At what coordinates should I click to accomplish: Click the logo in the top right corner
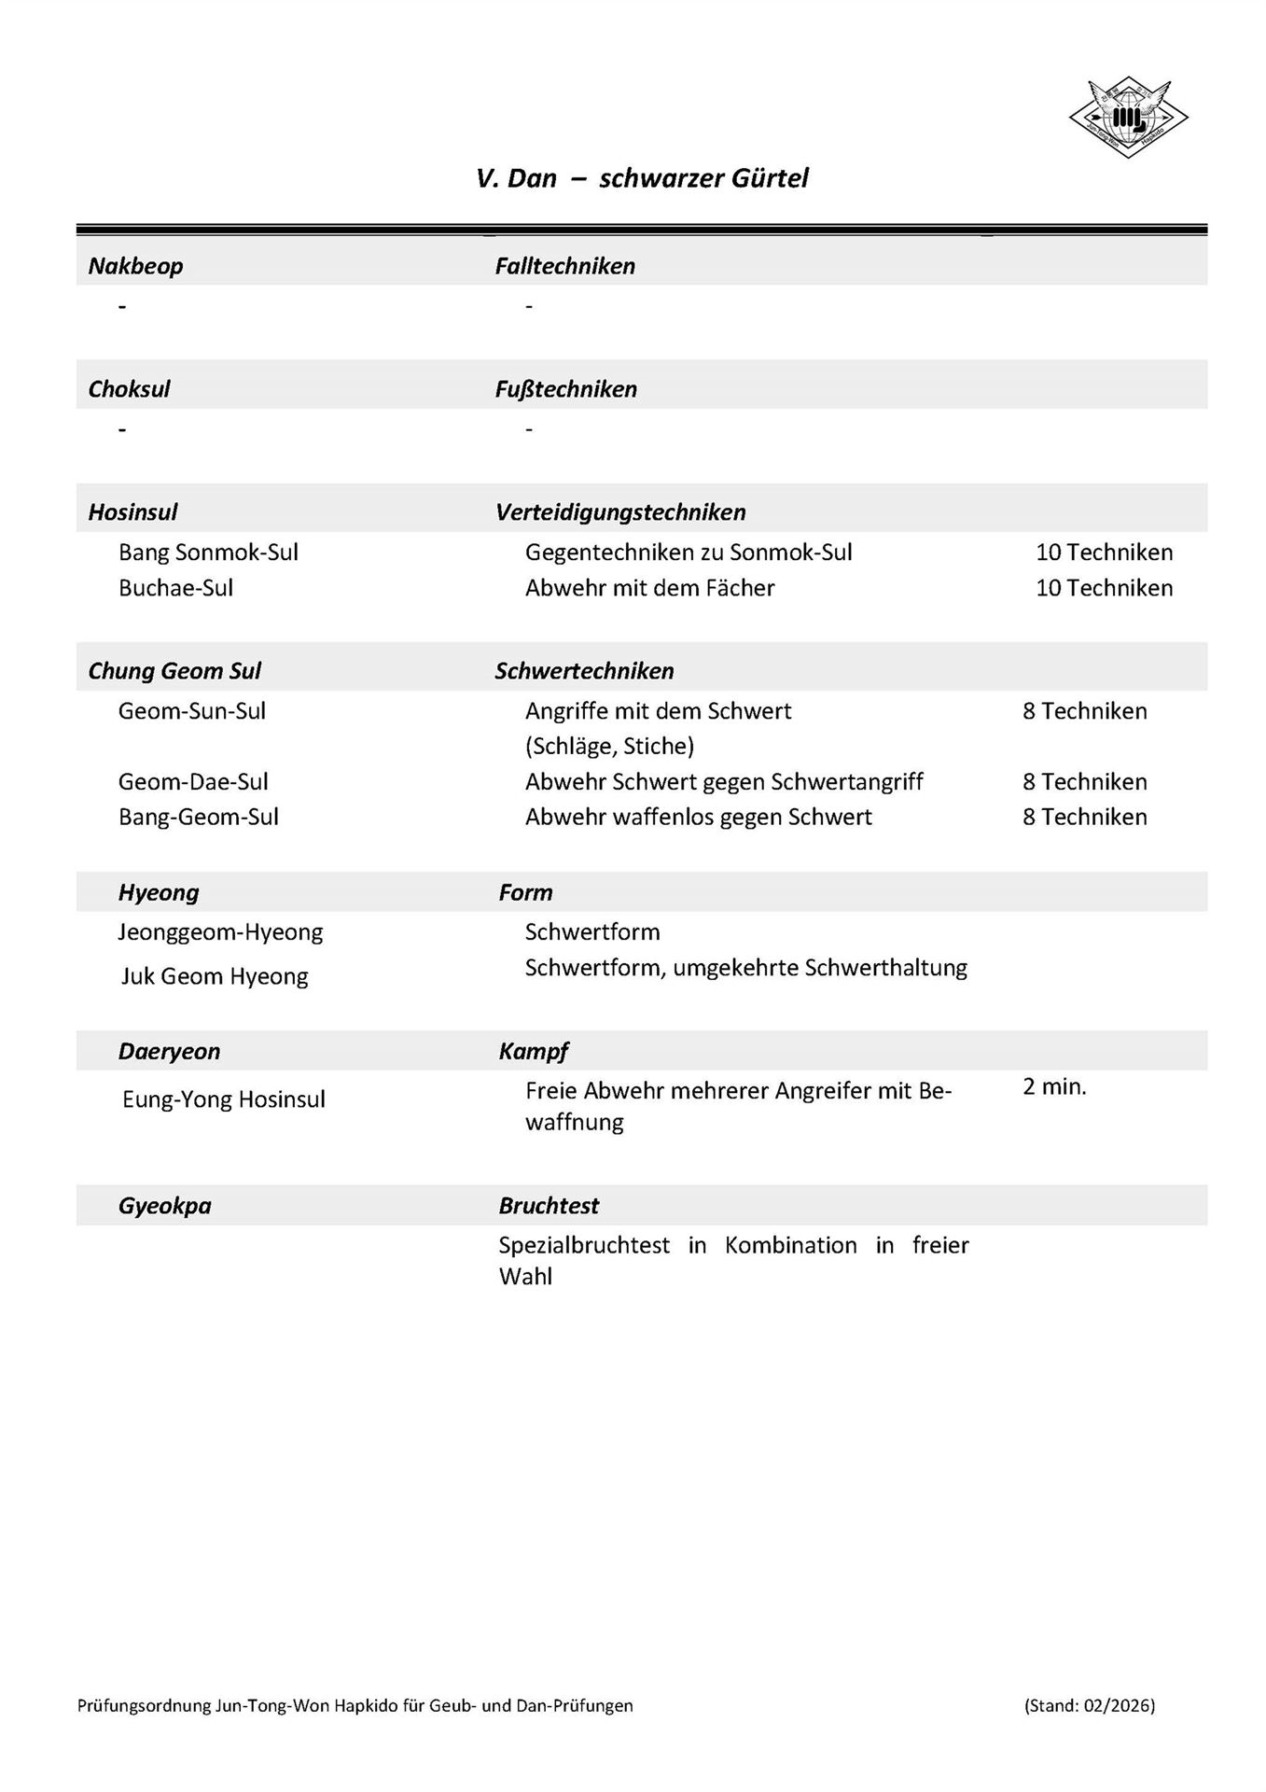click(x=1128, y=118)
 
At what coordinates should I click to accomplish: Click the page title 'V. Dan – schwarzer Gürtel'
click(x=642, y=178)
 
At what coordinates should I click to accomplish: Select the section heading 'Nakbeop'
click(x=135, y=266)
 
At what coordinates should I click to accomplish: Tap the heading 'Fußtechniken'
click(x=565, y=389)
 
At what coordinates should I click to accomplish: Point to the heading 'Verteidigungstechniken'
click(x=620, y=512)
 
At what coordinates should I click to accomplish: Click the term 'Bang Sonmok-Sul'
click(x=208, y=553)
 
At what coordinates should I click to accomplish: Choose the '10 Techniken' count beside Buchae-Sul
click(x=1104, y=588)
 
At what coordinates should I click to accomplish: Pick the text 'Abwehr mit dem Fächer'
click(x=649, y=588)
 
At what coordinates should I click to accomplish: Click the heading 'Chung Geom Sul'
click(x=174, y=671)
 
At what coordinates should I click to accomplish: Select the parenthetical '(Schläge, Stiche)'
click(x=609, y=746)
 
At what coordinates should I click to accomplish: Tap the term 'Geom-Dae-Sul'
click(x=193, y=781)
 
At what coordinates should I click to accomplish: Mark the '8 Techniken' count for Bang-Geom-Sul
click(x=1084, y=817)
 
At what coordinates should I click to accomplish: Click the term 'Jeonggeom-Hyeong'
click(x=220, y=931)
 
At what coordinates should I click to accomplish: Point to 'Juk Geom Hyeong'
click(x=215, y=976)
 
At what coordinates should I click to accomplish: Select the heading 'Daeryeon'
click(x=169, y=1051)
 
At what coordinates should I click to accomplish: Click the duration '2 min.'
click(x=1054, y=1086)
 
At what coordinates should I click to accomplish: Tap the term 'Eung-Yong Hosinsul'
click(x=224, y=1099)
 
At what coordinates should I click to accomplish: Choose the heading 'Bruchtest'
click(x=549, y=1205)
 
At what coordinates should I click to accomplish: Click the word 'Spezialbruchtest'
click(x=584, y=1245)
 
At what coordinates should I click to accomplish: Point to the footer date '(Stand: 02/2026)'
click(x=1089, y=1705)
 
